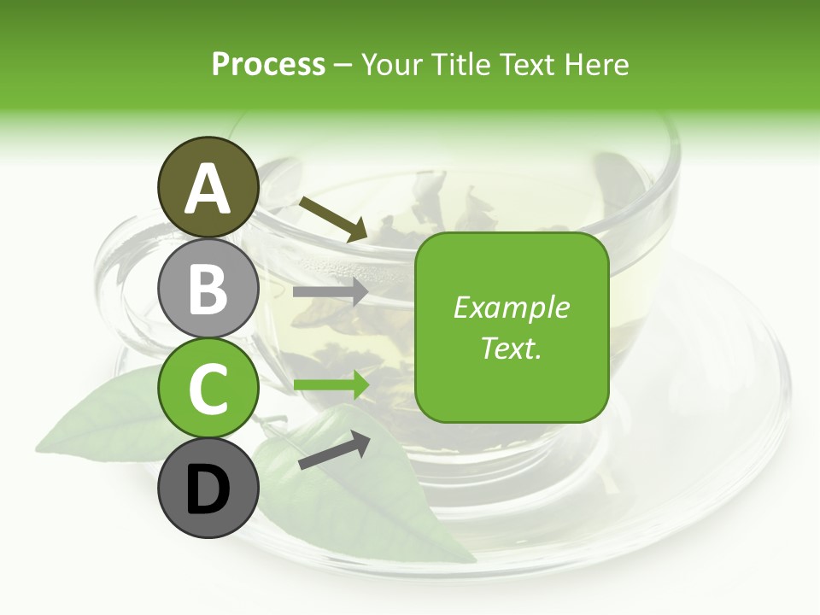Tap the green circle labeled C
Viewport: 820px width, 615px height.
[x=208, y=389]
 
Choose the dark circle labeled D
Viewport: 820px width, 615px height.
[x=208, y=489]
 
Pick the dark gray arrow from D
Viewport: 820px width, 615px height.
[x=334, y=450]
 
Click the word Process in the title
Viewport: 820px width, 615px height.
[x=268, y=65]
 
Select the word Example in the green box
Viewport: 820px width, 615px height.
[x=511, y=307]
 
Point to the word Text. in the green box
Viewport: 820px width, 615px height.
[x=511, y=348]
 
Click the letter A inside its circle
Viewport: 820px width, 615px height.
[x=208, y=190]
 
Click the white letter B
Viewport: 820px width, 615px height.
[x=208, y=290]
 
